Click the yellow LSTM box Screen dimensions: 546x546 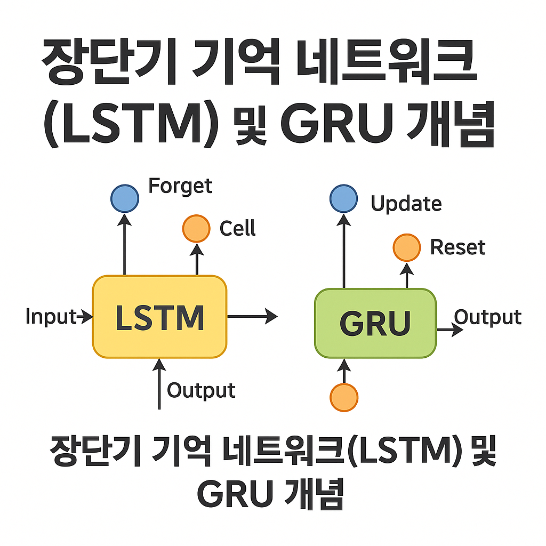point(160,317)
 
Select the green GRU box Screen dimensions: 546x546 point(375,323)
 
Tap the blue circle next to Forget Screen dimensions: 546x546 point(125,199)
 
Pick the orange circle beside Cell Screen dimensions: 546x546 point(196,228)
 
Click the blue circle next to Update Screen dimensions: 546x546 point(343,199)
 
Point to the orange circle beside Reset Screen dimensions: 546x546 point(406,247)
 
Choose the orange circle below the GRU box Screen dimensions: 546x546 point(344,397)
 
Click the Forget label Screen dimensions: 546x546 point(180,186)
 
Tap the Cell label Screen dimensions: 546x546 point(238,229)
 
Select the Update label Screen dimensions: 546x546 point(406,204)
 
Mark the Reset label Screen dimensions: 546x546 point(457,247)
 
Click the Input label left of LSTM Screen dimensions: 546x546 point(51,317)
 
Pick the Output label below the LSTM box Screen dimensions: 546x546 point(201,390)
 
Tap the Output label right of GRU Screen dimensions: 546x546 point(487,317)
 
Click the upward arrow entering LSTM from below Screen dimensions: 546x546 point(159,384)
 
